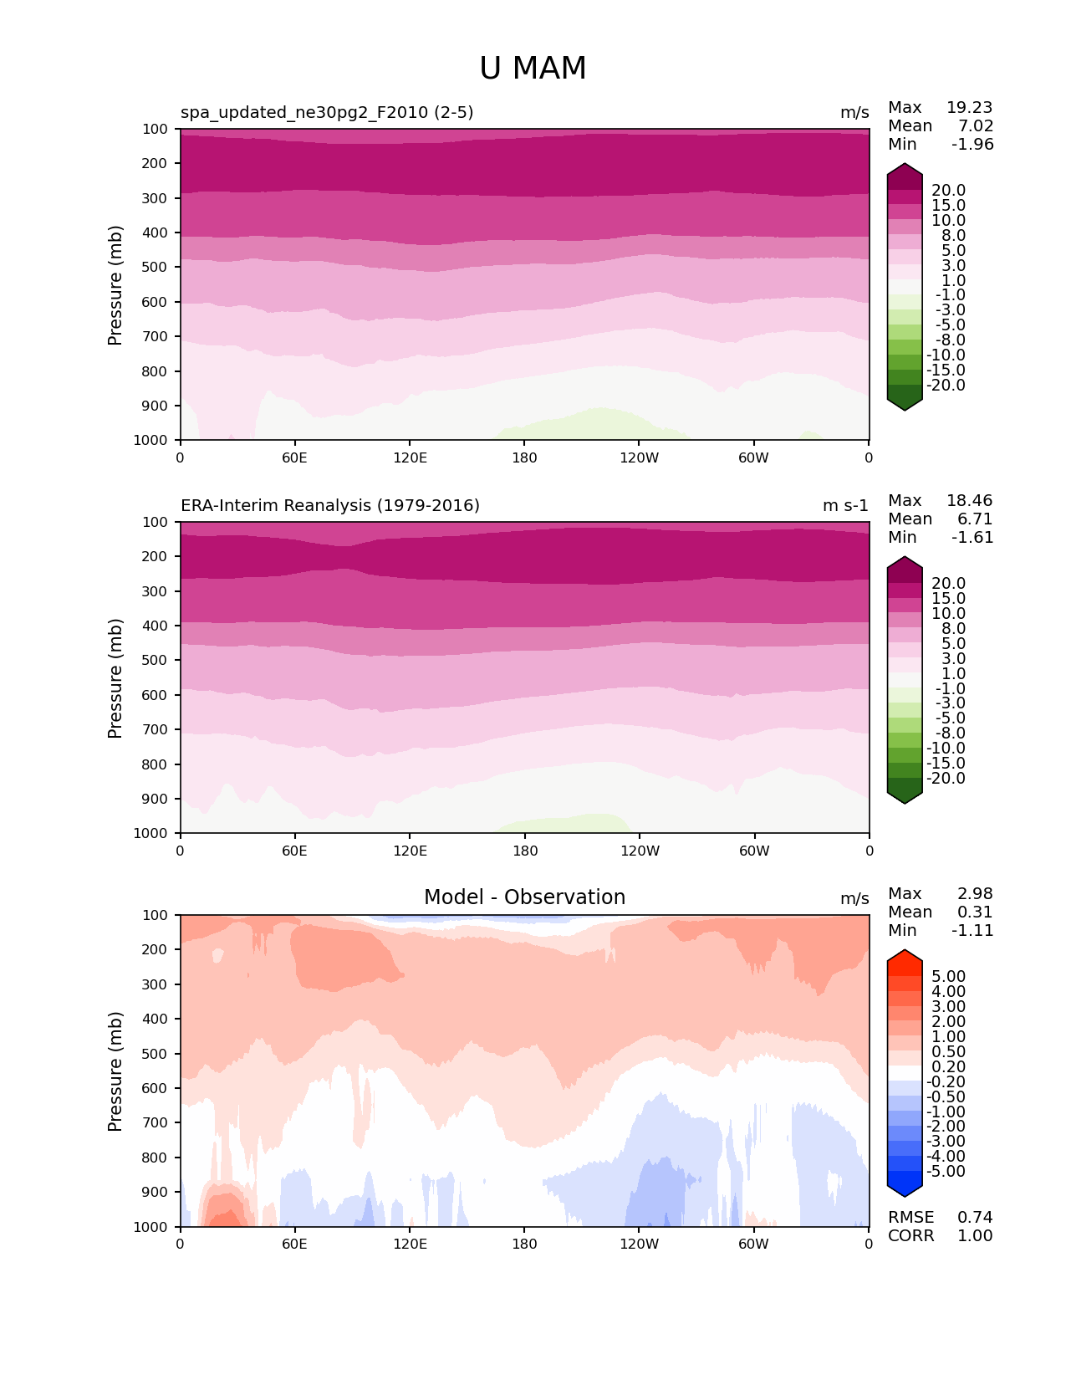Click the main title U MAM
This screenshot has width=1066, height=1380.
533,69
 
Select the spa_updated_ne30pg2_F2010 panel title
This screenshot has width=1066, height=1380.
327,113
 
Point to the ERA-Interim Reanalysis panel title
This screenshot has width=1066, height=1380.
330,506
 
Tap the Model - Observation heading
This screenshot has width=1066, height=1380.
524,897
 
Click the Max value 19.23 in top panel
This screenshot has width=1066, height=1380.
969,108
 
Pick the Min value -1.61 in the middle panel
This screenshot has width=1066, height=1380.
972,538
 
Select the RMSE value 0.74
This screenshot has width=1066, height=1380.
975,1218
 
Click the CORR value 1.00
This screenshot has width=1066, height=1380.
975,1236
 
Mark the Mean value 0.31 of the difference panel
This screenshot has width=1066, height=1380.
975,912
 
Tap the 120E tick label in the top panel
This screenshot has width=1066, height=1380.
410,458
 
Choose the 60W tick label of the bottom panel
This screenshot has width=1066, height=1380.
753,1245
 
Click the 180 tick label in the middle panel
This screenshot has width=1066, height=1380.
524,851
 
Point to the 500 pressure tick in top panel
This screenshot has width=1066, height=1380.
156,268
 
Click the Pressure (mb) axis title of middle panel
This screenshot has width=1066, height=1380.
115,678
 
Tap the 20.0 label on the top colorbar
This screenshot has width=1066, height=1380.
948,191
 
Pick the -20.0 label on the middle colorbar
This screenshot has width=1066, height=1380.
946,779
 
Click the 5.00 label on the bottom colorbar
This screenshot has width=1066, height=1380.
948,977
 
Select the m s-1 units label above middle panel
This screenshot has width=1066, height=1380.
845,506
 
